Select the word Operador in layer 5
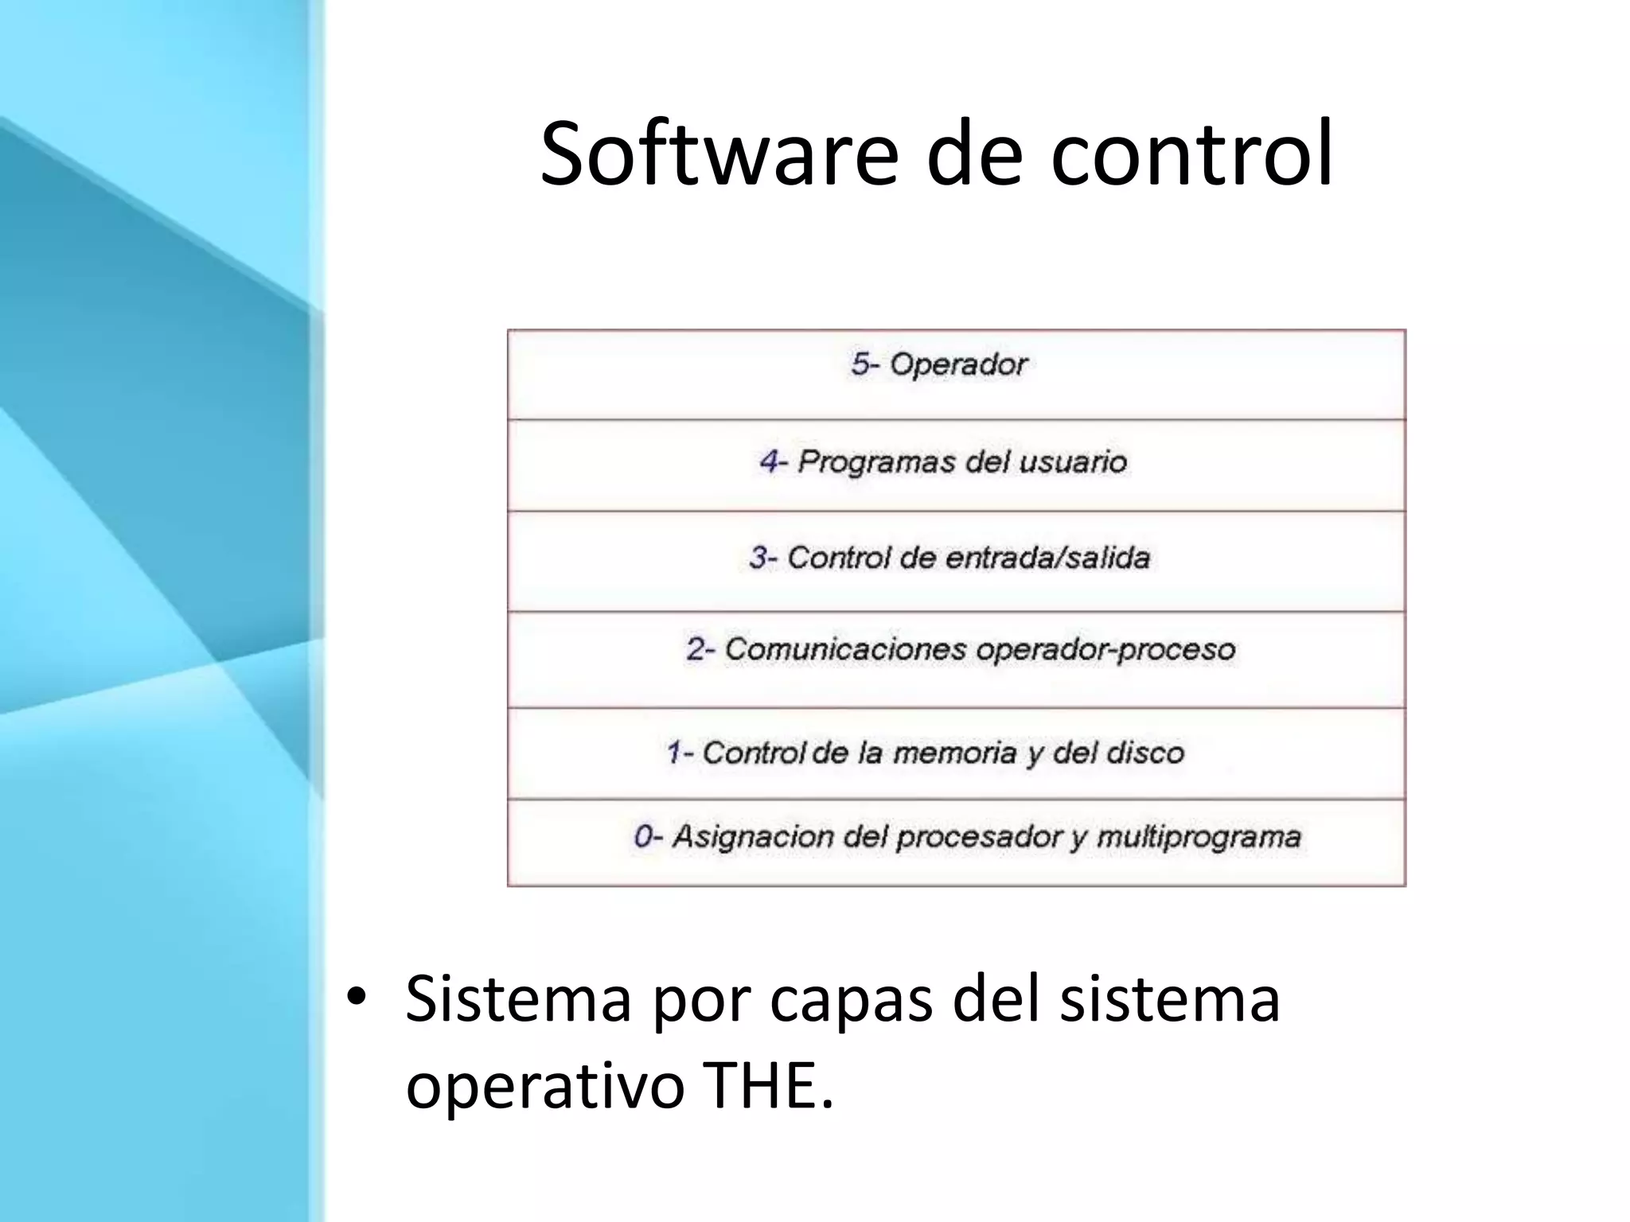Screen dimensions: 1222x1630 [958, 364]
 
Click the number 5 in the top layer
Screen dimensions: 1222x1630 [860, 364]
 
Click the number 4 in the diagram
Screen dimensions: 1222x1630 [770, 461]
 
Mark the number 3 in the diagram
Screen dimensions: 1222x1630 [759, 558]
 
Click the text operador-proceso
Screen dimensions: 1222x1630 [1106, 650]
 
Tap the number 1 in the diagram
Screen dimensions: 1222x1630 [675, 753]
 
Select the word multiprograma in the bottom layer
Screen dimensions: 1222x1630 [1199, 837]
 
